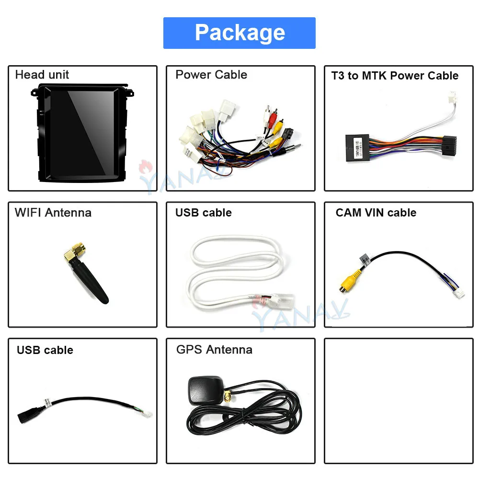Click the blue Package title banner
click(239, 33)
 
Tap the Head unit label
click(42, 75)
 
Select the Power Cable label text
click(211, 75)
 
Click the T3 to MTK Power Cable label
click(395, 76)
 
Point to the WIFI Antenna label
click(53, 213)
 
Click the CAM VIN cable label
click(376, 213)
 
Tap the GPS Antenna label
click(214, 350)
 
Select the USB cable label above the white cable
click(204, 213)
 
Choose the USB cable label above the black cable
click(45, 350)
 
